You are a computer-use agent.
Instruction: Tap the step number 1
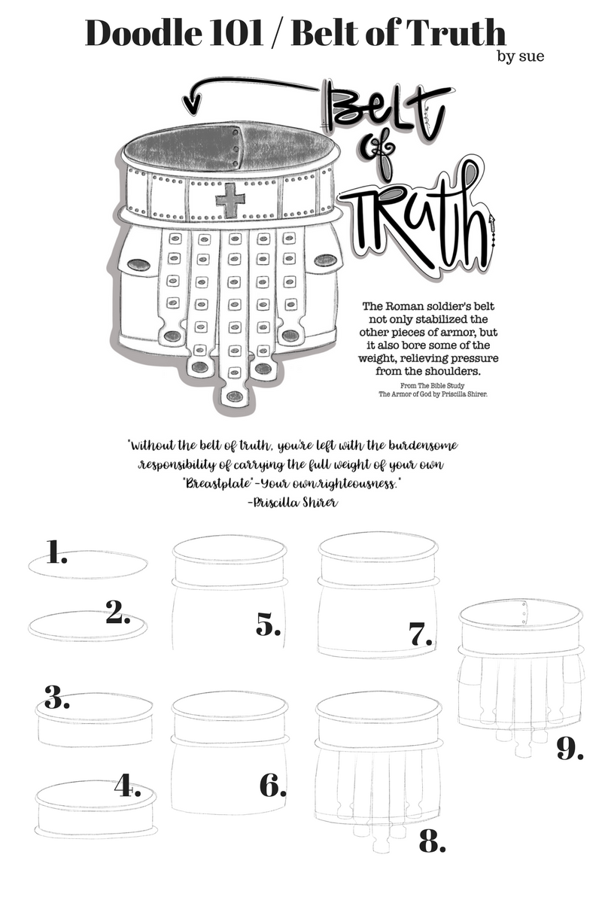pos(56,554)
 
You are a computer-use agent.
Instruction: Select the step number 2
pos(118,613)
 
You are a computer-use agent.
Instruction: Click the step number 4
pos(128,786)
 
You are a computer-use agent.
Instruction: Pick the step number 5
pos(269,625)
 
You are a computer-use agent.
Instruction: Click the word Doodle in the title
pos(143,33)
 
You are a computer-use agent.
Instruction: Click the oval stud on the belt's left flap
pos(139,264)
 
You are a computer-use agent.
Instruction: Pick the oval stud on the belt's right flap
pos(324,260)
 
